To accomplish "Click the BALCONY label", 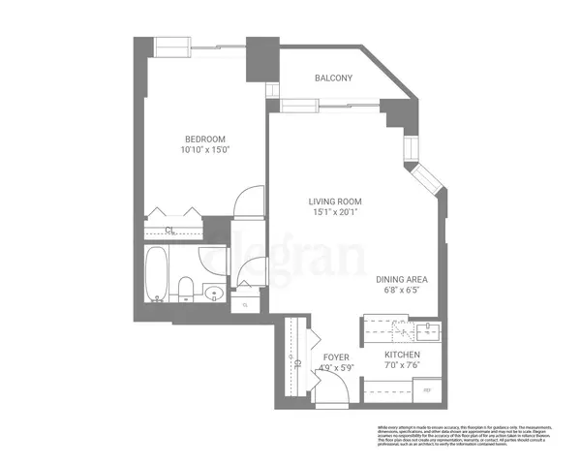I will pos(334,78).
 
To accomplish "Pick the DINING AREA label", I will pos(402,278).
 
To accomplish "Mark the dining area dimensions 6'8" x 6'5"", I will pos(402,290).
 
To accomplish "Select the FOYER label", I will pos(335,356).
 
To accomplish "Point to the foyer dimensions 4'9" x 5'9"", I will pos(335,367).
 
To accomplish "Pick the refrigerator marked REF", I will pos(427,390).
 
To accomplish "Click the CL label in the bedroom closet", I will pos(169,231).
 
